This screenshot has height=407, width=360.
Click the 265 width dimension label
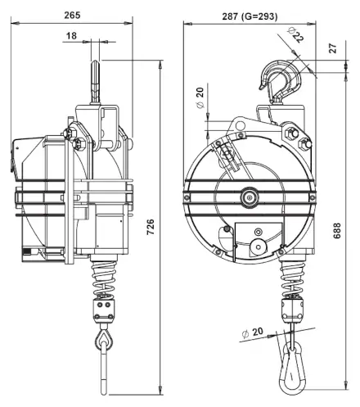[x=72, y=15]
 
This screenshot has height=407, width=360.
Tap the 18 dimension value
[x=71, y=36]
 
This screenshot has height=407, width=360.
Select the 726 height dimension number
[x=151, y=227]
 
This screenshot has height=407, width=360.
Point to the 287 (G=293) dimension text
[x=250, y=16]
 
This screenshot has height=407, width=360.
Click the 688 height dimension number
[x=337, y=231]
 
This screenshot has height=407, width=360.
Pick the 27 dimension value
[x=333, y=48]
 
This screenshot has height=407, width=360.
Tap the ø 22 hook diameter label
[x=295, y=34]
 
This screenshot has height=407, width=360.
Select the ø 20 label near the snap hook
[x=253, y=332]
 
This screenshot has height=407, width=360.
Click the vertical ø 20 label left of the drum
[x=200, y=97]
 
